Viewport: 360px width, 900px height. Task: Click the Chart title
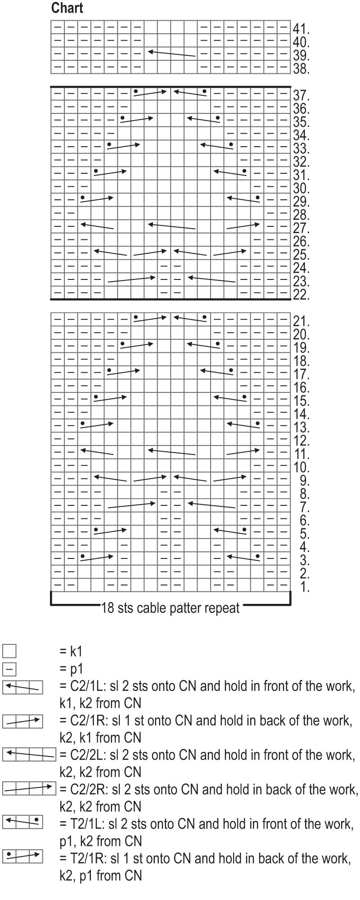coord(67,8)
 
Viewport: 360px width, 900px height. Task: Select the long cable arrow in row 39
coord(172,54)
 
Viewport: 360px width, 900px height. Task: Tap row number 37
coord(301,95)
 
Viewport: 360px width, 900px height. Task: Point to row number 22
coord(301,295)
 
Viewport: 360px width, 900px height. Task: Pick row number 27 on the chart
coord(301,228)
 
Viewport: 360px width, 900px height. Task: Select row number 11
coord(301,454)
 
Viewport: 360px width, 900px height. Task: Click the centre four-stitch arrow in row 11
coord(172,451)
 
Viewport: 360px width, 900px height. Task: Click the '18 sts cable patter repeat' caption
coord(171,608)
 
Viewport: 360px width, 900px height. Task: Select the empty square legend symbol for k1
coord(9,651)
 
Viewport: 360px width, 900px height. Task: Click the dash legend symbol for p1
coord(9,669)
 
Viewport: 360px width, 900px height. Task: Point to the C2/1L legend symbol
coord(22,687)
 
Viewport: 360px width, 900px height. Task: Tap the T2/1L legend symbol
coord(22,822)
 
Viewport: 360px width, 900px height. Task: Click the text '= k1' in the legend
coord(71,651)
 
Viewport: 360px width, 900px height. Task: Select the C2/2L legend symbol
coord(29,753)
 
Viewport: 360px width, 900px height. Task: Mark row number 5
coord(304,534)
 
